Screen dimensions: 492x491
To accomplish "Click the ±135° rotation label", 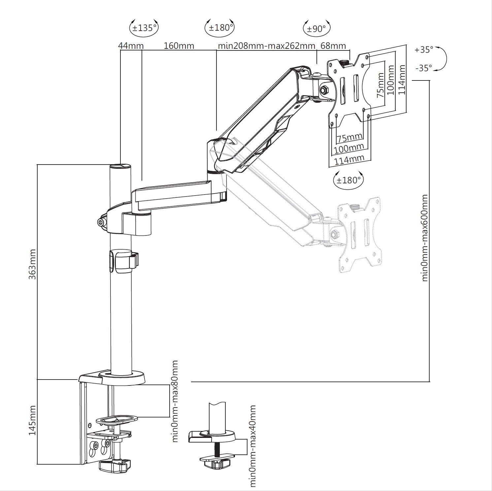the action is [144, 28].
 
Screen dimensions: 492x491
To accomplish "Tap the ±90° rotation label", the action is [316, 29].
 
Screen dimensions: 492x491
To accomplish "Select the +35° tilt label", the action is [424, 50].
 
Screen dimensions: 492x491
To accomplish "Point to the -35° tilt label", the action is [424, 68].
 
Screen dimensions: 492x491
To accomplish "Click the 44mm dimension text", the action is [131, 46].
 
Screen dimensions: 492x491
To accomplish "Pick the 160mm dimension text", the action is [179, 46].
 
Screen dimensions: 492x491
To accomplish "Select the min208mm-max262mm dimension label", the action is [267, 46].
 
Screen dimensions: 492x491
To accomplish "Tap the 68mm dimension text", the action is [333, 46].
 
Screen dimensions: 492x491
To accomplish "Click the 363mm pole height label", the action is [32, 264].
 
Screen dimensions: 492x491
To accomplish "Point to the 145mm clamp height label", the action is [32, 420].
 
